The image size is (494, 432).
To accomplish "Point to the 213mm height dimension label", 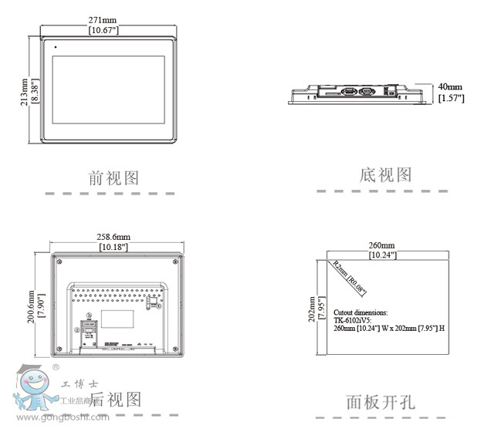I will tap(24, 90).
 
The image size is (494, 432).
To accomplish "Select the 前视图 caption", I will tap(114, 178).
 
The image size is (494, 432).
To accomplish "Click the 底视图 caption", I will tap(386, 175).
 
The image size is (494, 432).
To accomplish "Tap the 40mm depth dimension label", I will tap(450, 87).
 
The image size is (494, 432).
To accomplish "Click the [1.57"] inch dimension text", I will tap(450, 98).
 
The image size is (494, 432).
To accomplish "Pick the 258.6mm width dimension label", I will tap(113, 235).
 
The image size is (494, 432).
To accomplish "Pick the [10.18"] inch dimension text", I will tap(113, 247).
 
